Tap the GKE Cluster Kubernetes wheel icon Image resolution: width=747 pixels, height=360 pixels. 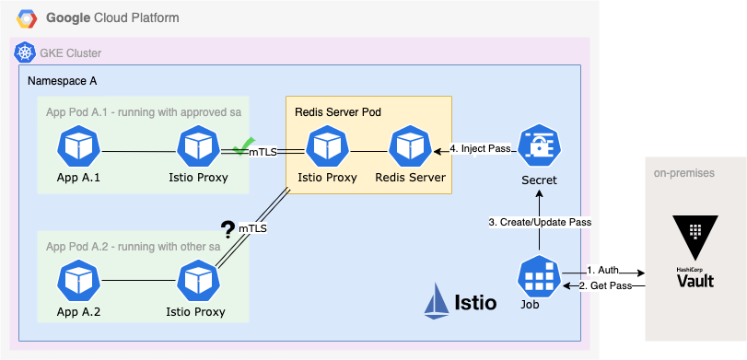[x=25, y=53]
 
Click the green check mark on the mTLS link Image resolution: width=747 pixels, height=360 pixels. [x=241, y=146]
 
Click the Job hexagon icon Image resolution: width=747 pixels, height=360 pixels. [x=539, y=275]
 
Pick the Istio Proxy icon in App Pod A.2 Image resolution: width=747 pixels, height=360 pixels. [x=196, y=281]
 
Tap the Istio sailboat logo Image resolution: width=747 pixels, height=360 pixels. [x=438, y=301]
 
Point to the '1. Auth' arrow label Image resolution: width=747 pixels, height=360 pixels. [x=604, y=271]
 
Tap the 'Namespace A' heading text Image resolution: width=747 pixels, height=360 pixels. [x=63, y=81]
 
